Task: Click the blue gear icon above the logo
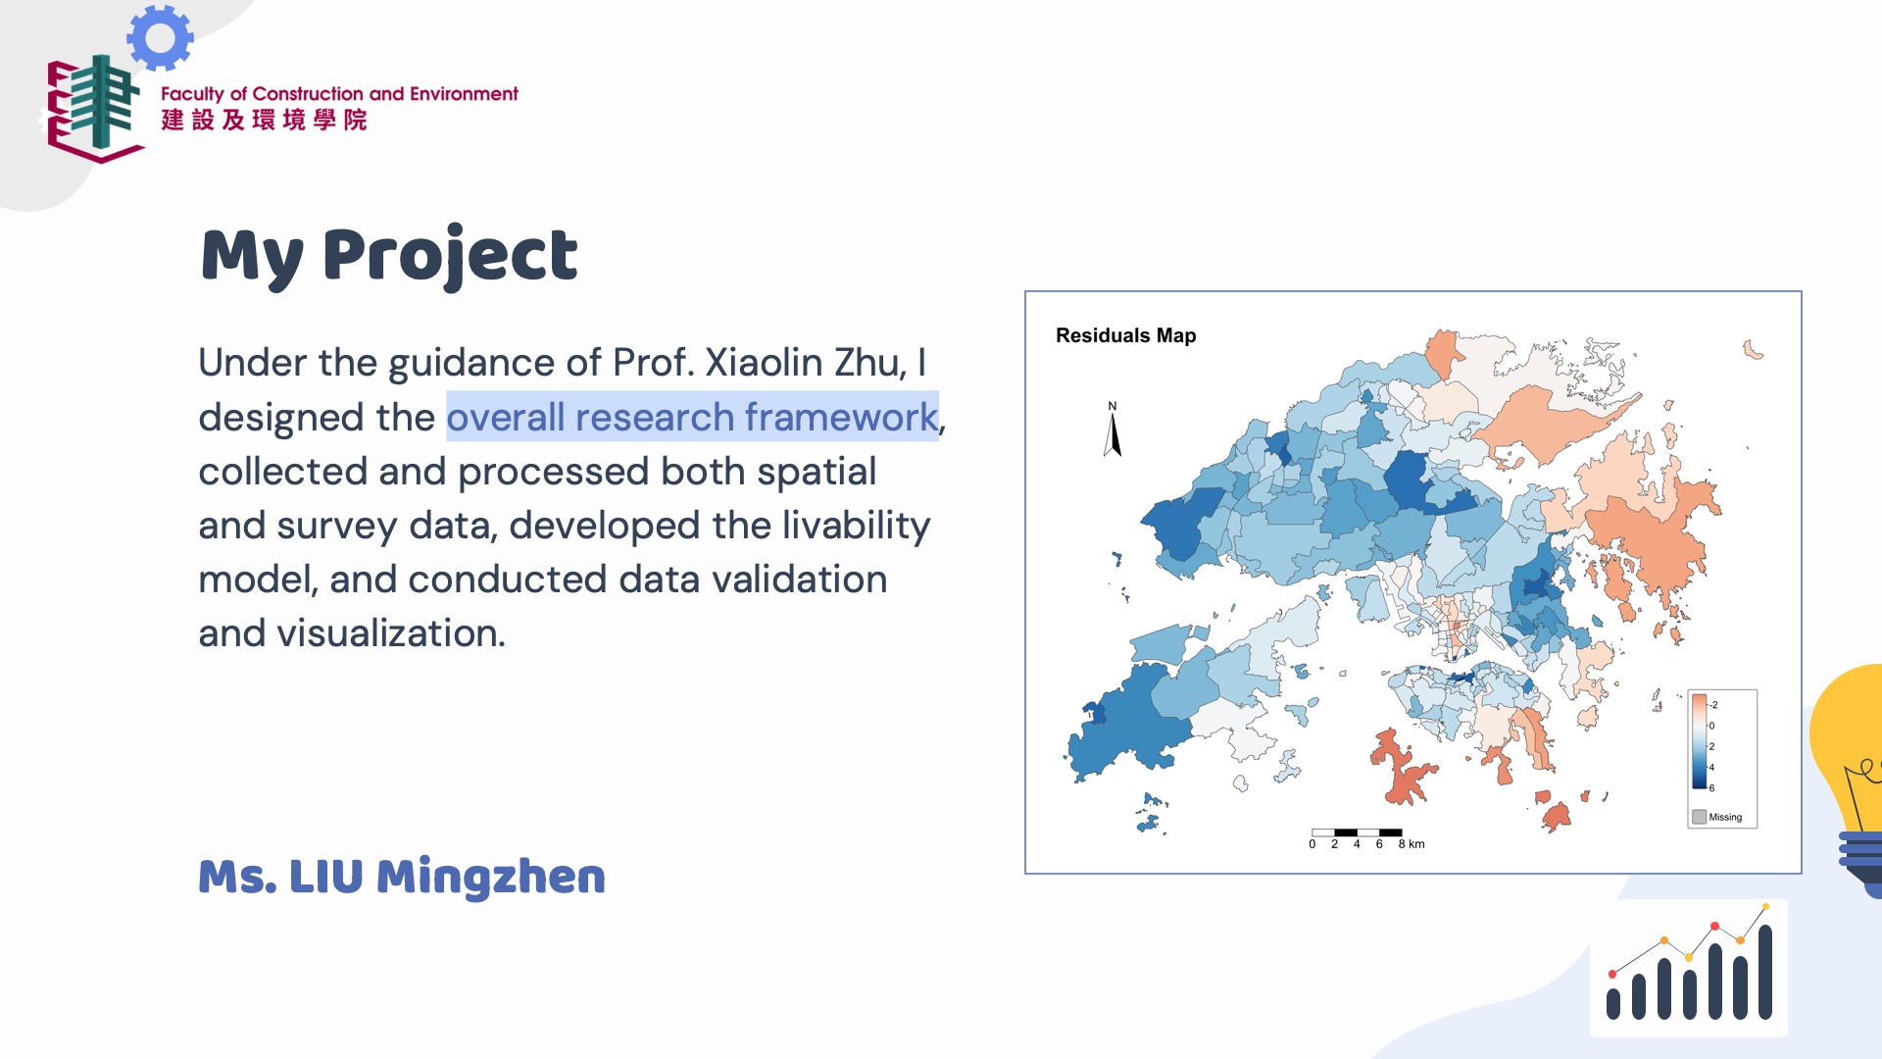pyautogui.click(x=160, y=37)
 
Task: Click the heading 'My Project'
pyautogui.click(x=389, y=255)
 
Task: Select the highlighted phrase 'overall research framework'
pyautogui.click(x=692, y=417)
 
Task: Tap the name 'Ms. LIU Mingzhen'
pyautogui.click(x=402, y=876)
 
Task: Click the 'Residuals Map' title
pyautogui.click(x=1125, y=335)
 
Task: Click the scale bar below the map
pyautogui.click(x=1357, y=832)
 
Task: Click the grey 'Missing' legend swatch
pyautogui.click(x=1699, y=817)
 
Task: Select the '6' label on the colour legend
pyautogui.click(x=1712, y=788)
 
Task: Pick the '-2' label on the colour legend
pyautogui.click(x=1712, y=705)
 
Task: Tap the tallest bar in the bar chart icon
pyautogui.click(x=1765, y=971)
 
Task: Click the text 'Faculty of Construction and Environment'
pyautogui.click(x=339, y=94)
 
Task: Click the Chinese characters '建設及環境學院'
pyautogui.click(x=264, y=120)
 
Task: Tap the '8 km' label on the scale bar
pyautogui.click(x=1411, y=844)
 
